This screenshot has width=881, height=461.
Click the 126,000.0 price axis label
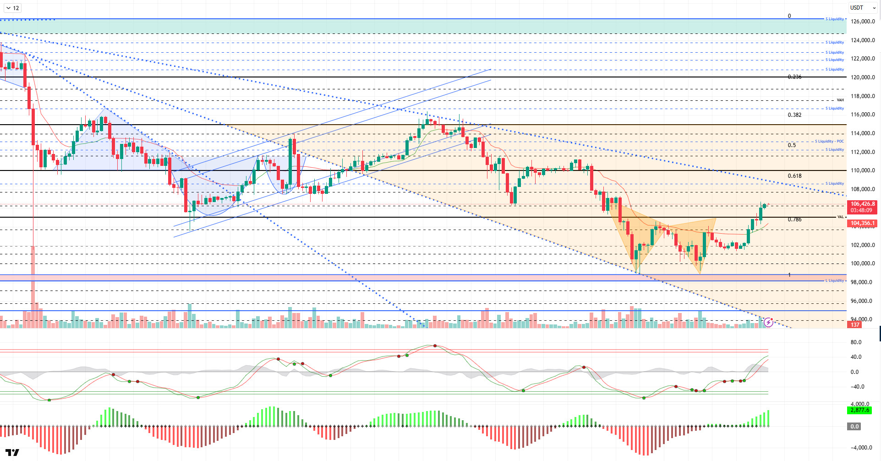tap(863, 22)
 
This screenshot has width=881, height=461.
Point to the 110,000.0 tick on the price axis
tap(863, 170)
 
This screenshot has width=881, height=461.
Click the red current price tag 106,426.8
tap(863, 204)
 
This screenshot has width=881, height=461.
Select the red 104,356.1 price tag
tap(863, 224)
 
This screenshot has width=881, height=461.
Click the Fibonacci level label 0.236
tap(794, 77)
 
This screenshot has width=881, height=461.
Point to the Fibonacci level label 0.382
tap(794, 115)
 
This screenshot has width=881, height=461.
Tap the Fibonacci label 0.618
tap(794, 176)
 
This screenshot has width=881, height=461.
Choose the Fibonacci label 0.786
tap(794, 220)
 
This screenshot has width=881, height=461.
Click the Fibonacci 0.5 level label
tap(792, 145)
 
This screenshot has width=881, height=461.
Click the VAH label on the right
tap(840, 100)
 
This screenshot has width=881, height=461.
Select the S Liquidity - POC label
tap(829, 141)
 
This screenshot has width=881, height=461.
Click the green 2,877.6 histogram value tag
tap(859, 410)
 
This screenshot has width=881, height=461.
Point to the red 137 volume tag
tap(855, 325)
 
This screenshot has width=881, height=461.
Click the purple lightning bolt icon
tap(768, 323)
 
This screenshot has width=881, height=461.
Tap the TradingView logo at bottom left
tap(13, 452)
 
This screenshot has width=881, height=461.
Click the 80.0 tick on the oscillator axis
tap(856, 342)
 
